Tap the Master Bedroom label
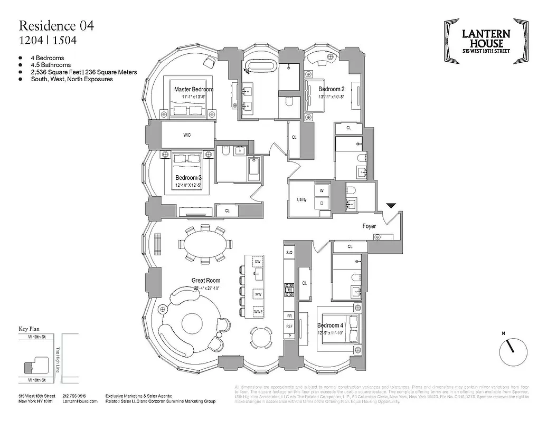194,90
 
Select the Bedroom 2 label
331,89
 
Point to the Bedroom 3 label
188,178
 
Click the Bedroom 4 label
331,325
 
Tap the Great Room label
206,281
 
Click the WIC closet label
187,135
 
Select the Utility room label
301,200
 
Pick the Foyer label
369,226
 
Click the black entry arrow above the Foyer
391,206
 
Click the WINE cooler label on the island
258,311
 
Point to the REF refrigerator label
289,327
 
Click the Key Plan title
30,328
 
